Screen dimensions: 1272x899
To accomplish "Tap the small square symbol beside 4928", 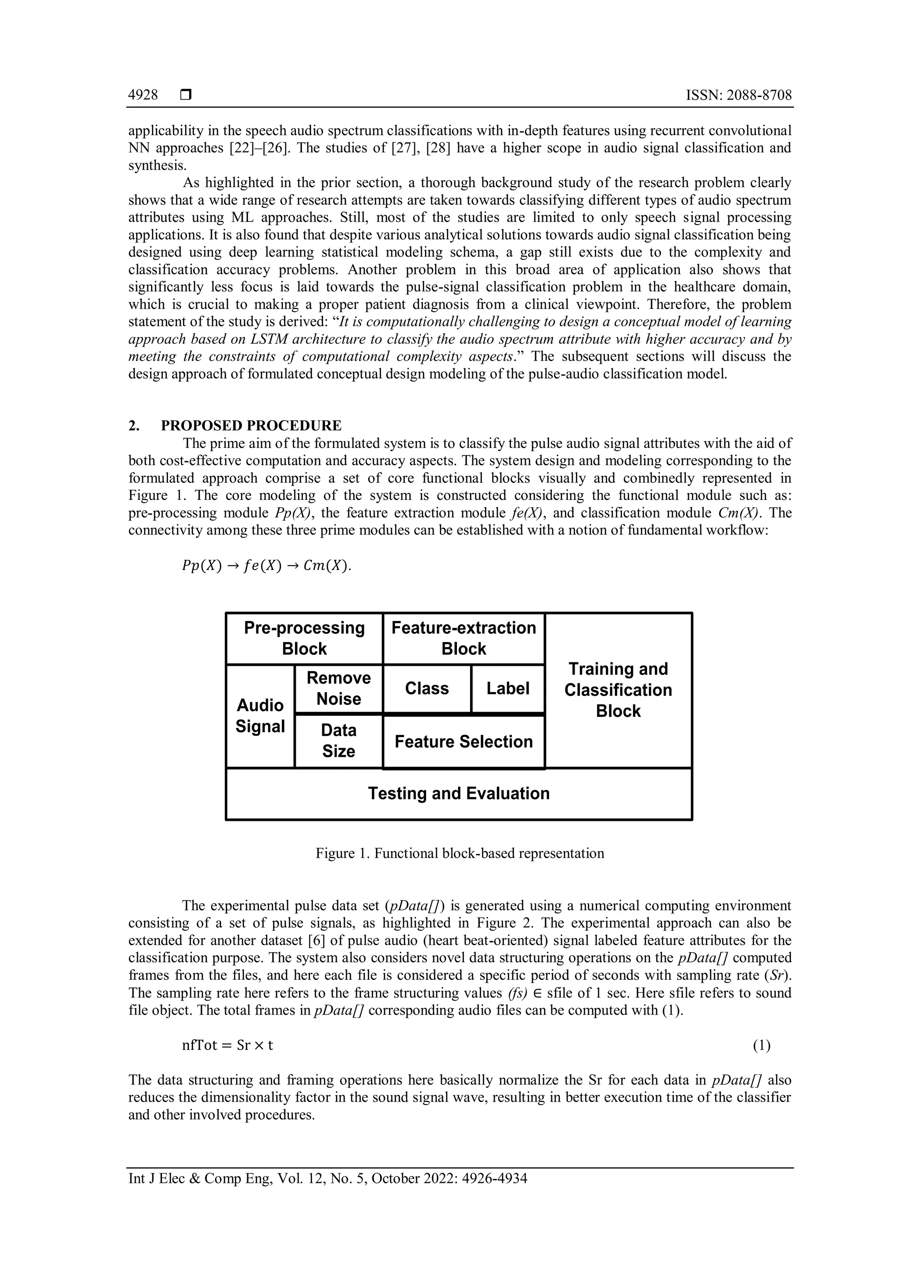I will (185, 96).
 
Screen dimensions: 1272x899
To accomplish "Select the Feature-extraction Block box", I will (464, 638).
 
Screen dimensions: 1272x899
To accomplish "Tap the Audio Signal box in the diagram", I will (260, 716).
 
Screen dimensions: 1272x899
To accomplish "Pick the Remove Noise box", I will (338, 688).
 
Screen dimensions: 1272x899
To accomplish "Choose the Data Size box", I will (338, 741).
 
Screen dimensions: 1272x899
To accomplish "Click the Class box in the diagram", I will (426, 688).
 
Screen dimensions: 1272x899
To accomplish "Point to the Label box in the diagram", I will (507, 688).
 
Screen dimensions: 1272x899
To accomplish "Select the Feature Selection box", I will (464, 741).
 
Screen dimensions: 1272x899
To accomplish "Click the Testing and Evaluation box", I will (458, 793).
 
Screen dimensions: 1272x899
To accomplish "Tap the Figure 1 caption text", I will (460, 853).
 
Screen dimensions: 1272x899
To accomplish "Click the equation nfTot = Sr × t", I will (227, 1045).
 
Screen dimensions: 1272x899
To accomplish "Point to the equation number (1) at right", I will (761, 1045).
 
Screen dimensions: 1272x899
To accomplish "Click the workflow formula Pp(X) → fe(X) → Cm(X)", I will (266, 566).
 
